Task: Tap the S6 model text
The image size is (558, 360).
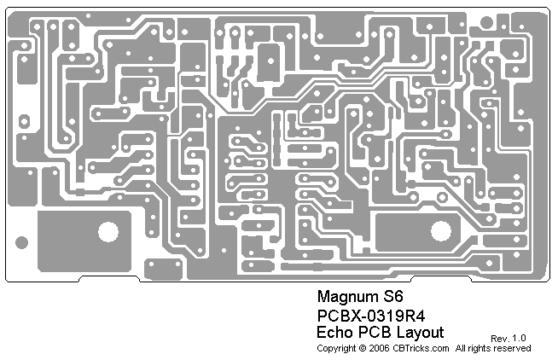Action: [x=392, y=299]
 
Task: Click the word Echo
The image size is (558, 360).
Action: [x=334, y=332]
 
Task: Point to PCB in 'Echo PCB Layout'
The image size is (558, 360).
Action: [x=375, y=332]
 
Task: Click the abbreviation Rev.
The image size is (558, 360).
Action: [x=499, y=339]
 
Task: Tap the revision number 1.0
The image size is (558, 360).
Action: [x=519, y=339]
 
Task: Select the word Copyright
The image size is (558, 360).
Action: [x=336, y=348]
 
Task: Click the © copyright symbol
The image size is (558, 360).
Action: [x=362, y=348]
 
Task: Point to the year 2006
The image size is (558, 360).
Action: [x=378, y=348]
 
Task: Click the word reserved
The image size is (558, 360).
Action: [x=513, y=348]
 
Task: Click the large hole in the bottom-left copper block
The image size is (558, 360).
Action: [x=108, y=230]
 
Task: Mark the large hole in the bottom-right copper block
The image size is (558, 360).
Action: [x=441, y=230]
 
